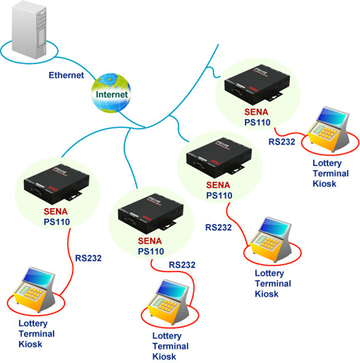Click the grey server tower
click(29, 30)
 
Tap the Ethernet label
click(66, 75)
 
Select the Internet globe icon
click(111, 93)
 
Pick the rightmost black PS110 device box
click(258, 85)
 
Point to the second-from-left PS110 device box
click(151, 213)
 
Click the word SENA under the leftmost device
click(55, 212)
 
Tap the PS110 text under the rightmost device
click(258, 122)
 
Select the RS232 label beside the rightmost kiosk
click(282, 142)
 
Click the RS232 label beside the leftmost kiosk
click(89, 258)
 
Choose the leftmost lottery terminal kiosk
click(35, 290)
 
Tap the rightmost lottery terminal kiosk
click(329, 129)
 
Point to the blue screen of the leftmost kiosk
click(37, 277)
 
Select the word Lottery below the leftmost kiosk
click(33, 324)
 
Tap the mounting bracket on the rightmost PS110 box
click(275, 96)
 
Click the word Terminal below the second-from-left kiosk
click(170, 346)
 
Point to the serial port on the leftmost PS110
click(36, 191)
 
